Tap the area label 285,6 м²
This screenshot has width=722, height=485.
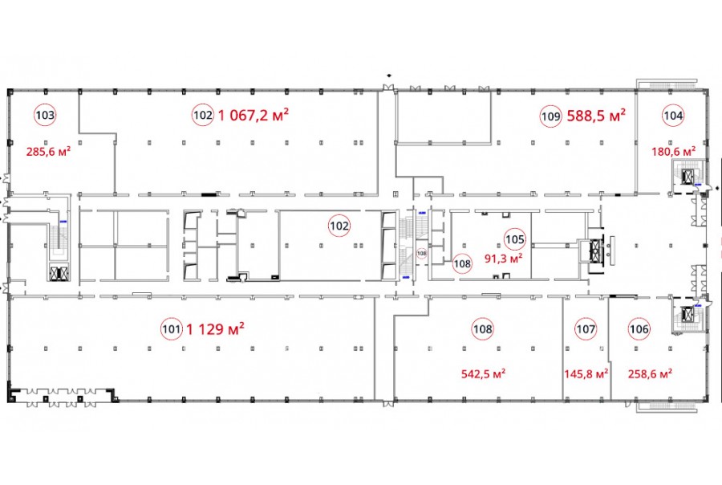click(48, 151)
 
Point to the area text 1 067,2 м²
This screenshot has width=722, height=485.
click(254, 115)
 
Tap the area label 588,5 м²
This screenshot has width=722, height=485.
click(596, 116)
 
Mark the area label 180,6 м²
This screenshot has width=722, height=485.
click(674, 151)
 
